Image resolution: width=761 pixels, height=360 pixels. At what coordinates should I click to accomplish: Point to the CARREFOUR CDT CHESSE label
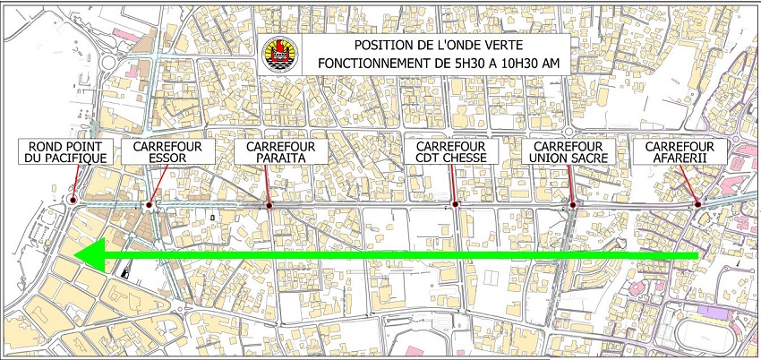click(451, 151)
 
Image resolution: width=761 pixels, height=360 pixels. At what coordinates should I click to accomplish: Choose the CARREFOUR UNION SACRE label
click(571, 151)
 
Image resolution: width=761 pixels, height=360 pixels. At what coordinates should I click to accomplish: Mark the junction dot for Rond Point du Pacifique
click(72, 202)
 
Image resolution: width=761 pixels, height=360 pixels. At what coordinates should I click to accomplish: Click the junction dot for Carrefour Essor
click(150, 205)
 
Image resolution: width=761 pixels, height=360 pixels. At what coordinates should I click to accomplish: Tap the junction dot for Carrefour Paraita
click(269, 205)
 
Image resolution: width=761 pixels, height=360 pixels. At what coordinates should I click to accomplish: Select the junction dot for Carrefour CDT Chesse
click(456, 205)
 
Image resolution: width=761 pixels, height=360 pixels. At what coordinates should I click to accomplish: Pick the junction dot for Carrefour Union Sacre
click(573, 205)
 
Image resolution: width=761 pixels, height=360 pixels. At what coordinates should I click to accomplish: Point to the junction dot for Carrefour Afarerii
click(697, 206)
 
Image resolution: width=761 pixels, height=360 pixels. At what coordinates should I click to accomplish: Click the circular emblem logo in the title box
click(277, 56)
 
